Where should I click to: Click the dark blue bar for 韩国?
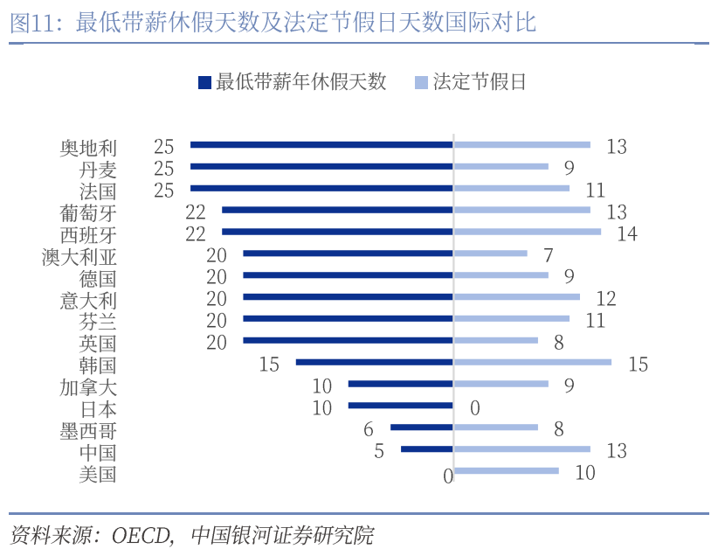[x=374, y=362]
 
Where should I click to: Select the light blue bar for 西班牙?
[x=527, y=232]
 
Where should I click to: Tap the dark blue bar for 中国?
[x=426, y=449]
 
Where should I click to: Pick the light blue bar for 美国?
[x=506, y=471]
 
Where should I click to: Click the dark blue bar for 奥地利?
[x=321, y=144]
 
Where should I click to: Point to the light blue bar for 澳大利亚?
[x=490, y=254]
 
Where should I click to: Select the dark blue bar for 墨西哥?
[x=421, y=427]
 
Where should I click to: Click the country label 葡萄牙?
[x=87, y=212]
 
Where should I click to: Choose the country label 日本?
[x=98, y=408]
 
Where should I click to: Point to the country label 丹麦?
[x=98, y=169]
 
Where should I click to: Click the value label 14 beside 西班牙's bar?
[x=626, y=233]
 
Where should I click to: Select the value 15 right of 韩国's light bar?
[x=638, y=364]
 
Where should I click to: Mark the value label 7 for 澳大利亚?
[x=548, y=255]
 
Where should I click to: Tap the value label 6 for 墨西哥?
[x=369, y=429]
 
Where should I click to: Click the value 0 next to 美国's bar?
[x=447, y=476]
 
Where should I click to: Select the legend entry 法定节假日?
[x=480, y=82]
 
